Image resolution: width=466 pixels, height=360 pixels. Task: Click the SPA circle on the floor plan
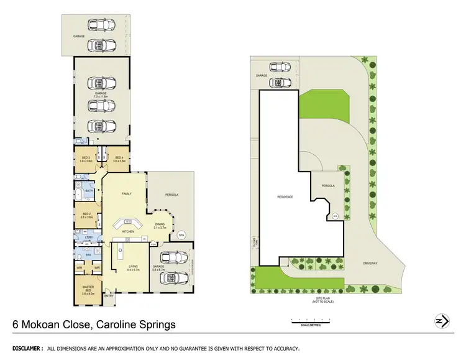click(181, 235)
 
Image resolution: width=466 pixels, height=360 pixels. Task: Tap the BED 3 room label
click(86, 159)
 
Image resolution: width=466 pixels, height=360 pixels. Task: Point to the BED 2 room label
click(86, 215)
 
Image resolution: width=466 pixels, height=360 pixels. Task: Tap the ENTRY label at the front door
click(109, 296)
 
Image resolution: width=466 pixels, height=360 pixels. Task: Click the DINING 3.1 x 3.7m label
click(160, 226)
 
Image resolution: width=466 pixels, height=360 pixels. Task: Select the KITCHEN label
click(129, 231)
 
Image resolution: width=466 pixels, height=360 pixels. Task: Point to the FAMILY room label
click(126, 194)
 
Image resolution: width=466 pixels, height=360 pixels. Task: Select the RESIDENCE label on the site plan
click(285, 197)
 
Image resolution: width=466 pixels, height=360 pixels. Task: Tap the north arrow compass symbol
click(441, 321)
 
